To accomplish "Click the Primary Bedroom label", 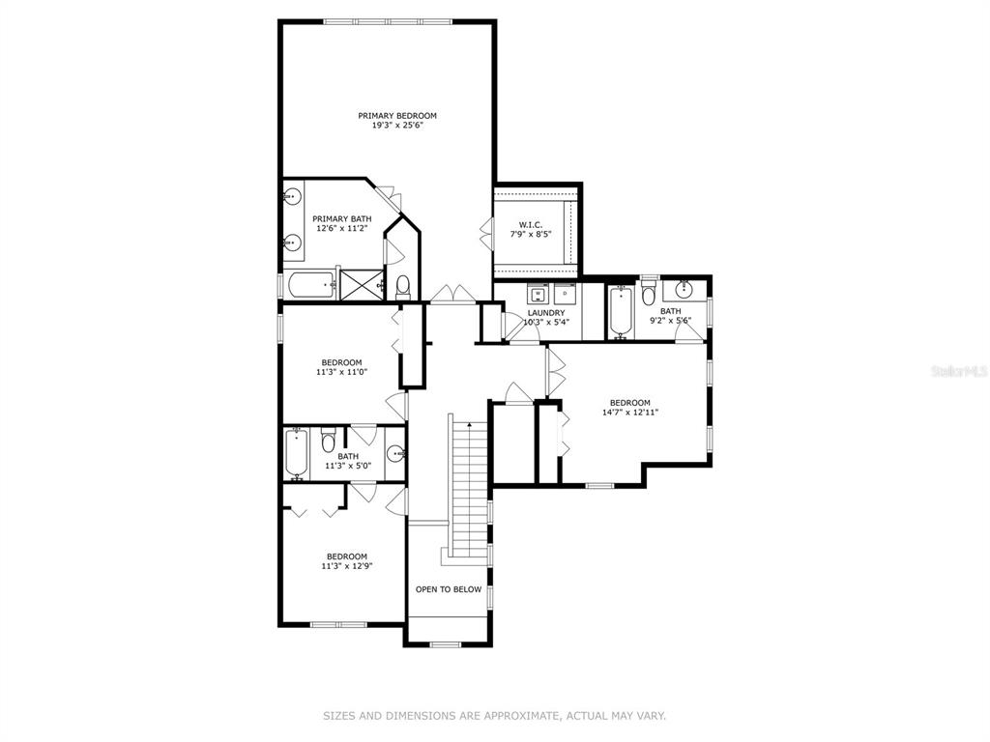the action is point(397,116).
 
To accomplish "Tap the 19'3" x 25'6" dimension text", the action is point(397,126).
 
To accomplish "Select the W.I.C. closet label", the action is point(531,224).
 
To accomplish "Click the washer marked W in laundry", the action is point(539,294).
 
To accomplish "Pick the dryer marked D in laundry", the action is point(565,294).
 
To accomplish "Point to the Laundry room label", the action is point(546,313).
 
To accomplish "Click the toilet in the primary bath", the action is point(403,287).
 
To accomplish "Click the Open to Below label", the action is point(449,589).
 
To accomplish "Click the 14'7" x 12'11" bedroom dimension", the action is point(630,413).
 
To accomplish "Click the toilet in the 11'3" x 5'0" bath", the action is point(328,440).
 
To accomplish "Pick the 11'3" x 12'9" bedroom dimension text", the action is point(347,566).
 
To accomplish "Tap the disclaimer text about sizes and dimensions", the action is point(494,716).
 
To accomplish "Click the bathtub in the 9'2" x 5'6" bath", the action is point(622,312).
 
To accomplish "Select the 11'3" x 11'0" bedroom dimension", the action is point(341,372).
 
